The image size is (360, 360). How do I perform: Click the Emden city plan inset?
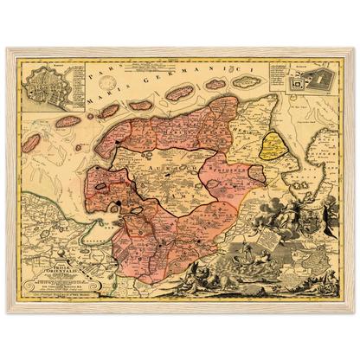(45, 81)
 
